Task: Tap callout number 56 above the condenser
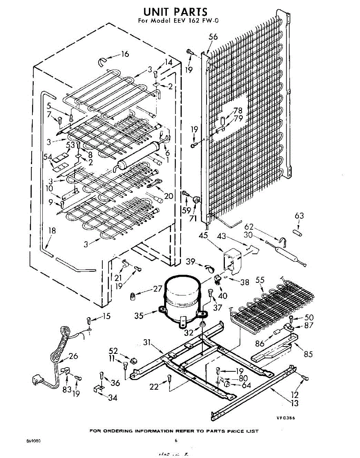click(213, 37)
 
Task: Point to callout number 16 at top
click(125, 54)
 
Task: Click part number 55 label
click(260, 280)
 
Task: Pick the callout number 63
click(299, 216)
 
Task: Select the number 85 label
click(308, 354)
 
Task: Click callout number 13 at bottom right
click(294, 403)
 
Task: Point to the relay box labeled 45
click(232, 260)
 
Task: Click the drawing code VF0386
click(286, 418)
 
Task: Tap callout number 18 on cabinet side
click(52, 230)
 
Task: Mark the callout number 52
click(113, 351)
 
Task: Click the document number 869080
click(34, 441)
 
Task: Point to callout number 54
click(47, 156)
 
